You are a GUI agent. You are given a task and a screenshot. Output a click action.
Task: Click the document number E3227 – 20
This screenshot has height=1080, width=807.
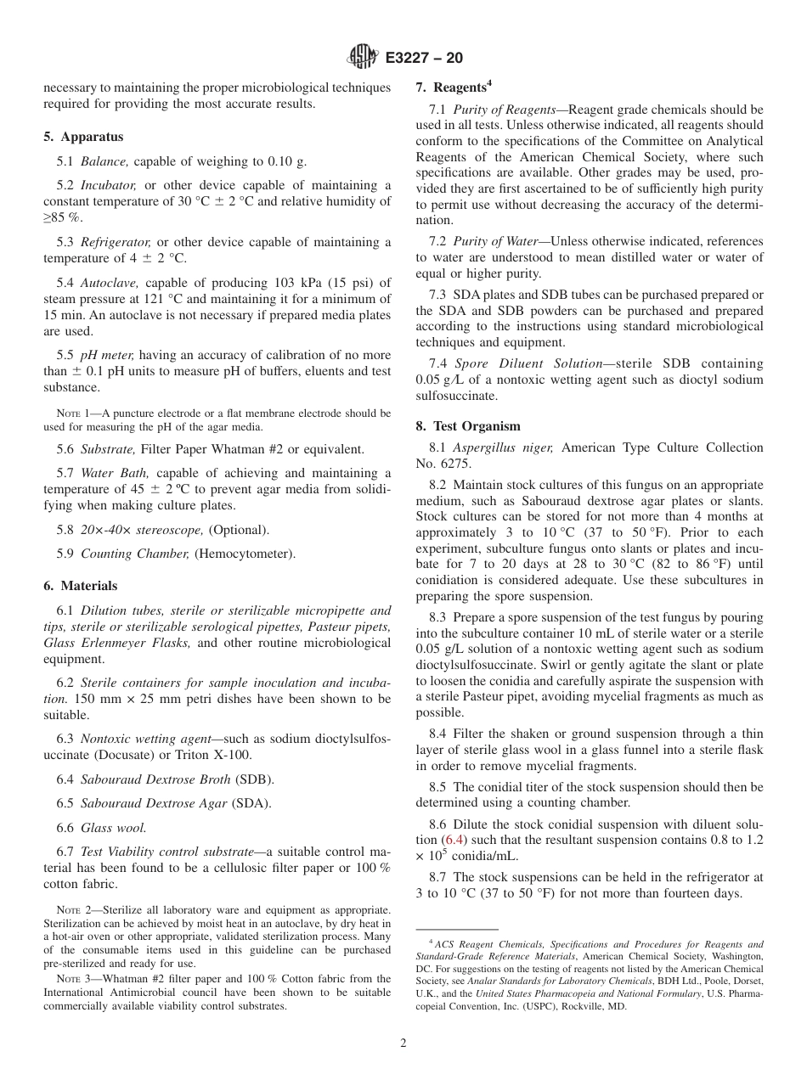(x=424, y=59)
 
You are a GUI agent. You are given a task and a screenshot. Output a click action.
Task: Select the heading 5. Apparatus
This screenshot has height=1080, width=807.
(x=83, y=137)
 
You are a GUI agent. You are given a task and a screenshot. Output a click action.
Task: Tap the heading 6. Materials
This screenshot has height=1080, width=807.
(x=81, y=586)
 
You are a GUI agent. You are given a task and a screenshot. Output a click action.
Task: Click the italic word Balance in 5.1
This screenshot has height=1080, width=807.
(x=104, y=161)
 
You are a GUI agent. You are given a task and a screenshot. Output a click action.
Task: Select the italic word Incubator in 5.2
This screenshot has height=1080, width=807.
(x=109, y=185)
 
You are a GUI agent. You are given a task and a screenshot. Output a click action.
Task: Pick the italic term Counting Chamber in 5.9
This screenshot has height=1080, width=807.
(x=134, y=554)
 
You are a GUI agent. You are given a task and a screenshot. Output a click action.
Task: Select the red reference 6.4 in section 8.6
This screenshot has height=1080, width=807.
(x=455, y=840)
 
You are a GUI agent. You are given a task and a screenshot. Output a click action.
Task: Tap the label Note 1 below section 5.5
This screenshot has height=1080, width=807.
(x=72, y=413)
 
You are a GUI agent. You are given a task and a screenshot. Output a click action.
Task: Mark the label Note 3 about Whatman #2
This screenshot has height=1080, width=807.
(x=72, y=979)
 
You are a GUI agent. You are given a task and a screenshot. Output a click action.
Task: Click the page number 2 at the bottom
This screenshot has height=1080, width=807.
(x=403, y=1043)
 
